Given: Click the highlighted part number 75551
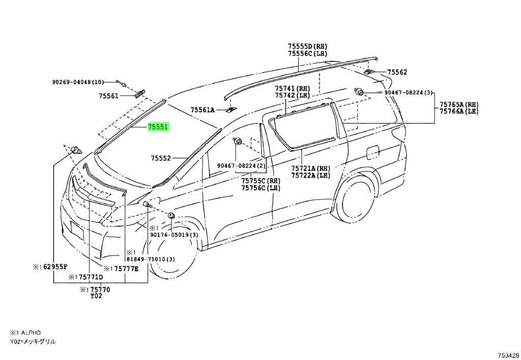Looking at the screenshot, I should coord(158,127).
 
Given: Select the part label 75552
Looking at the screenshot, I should coord(161,158).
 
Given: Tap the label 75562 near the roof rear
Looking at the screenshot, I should coord(397,72).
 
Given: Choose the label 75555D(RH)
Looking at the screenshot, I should coord(307,46).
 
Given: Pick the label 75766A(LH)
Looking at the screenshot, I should coord(459,112).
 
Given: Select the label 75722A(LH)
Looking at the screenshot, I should coord(310,176).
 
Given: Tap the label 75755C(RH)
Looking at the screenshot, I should coord(261,181).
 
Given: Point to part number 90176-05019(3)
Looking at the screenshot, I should coord(174,235).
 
